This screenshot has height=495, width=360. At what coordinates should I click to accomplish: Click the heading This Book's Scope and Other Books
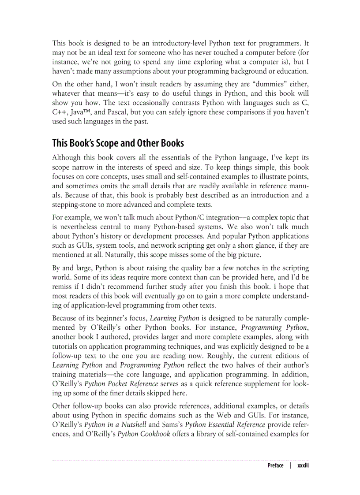coord(118,143)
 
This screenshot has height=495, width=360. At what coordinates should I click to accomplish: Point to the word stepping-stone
coord(73,205)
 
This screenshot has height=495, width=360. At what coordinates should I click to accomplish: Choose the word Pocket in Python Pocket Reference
coord(128,384)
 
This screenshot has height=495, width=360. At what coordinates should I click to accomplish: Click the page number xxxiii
coord(302,465)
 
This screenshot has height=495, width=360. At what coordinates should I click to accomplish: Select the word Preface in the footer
coord(275,465)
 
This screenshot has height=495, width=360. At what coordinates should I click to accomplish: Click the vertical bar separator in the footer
coord(291,465)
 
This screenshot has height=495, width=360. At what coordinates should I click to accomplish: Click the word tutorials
coord(67,347)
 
